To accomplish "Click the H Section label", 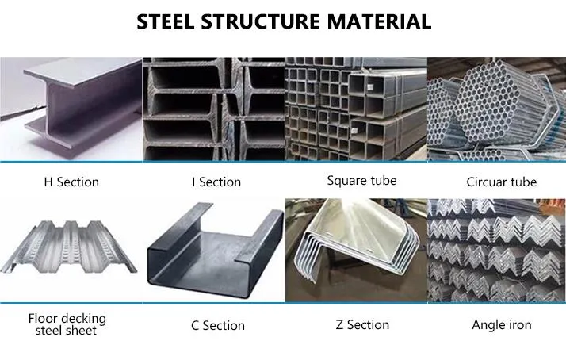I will point(71,182).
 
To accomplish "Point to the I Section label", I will point(216,182).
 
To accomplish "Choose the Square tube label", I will point(361,181).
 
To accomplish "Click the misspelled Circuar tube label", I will point(501,182).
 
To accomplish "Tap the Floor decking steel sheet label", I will point(67,324).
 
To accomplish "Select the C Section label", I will point(217,325).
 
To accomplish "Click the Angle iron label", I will point(501,324).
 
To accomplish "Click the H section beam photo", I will point(71,109).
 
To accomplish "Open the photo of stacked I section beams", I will point(213,109).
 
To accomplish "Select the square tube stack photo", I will point(356,109).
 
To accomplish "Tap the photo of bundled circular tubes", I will point(497,109).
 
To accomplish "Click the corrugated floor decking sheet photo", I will point(71,250).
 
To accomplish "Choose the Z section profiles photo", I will point(356,250).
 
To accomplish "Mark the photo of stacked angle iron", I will point(497,250).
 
